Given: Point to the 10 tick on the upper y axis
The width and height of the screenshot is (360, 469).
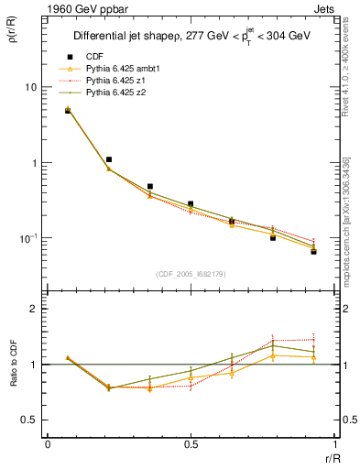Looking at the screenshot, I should pos(29,87).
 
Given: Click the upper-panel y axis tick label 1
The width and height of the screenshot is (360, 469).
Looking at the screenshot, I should pos(33,163).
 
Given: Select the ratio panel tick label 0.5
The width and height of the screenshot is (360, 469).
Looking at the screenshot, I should pos(28,420).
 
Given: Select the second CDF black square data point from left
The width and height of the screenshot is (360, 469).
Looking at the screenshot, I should pos(109,159).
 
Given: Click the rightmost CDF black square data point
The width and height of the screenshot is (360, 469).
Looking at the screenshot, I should pos(313,251).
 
